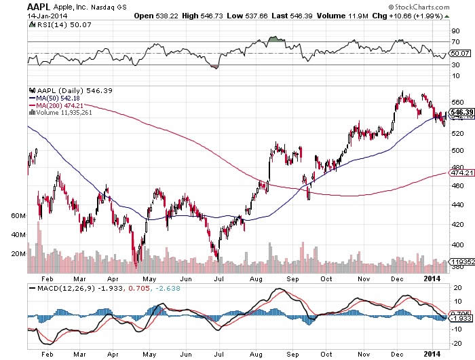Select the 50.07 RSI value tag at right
click(x=460, y=53)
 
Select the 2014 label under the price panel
click(x=432, y=278)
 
